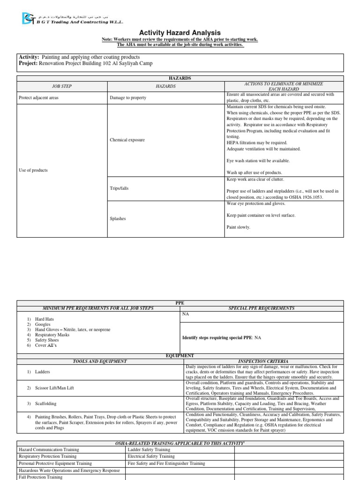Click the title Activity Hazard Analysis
click(180, 32)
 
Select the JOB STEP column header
click(62, 86)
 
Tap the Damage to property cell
click(128, 98)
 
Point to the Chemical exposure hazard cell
click(127, 140)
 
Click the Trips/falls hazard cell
click(119, 188)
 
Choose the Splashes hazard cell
click(117, 218)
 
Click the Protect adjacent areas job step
click(38, 98)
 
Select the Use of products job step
click(33, 170)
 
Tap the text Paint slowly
click(238, 227)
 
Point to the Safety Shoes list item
click(49, 340)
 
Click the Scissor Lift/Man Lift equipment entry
click(54, 388)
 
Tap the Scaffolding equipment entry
click(45, 403)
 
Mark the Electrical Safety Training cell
click(151, 456)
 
